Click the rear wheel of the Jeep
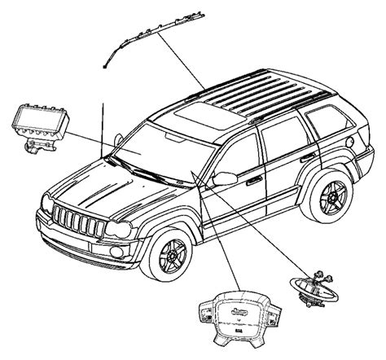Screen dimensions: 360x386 329,200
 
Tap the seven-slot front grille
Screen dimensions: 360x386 79,221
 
